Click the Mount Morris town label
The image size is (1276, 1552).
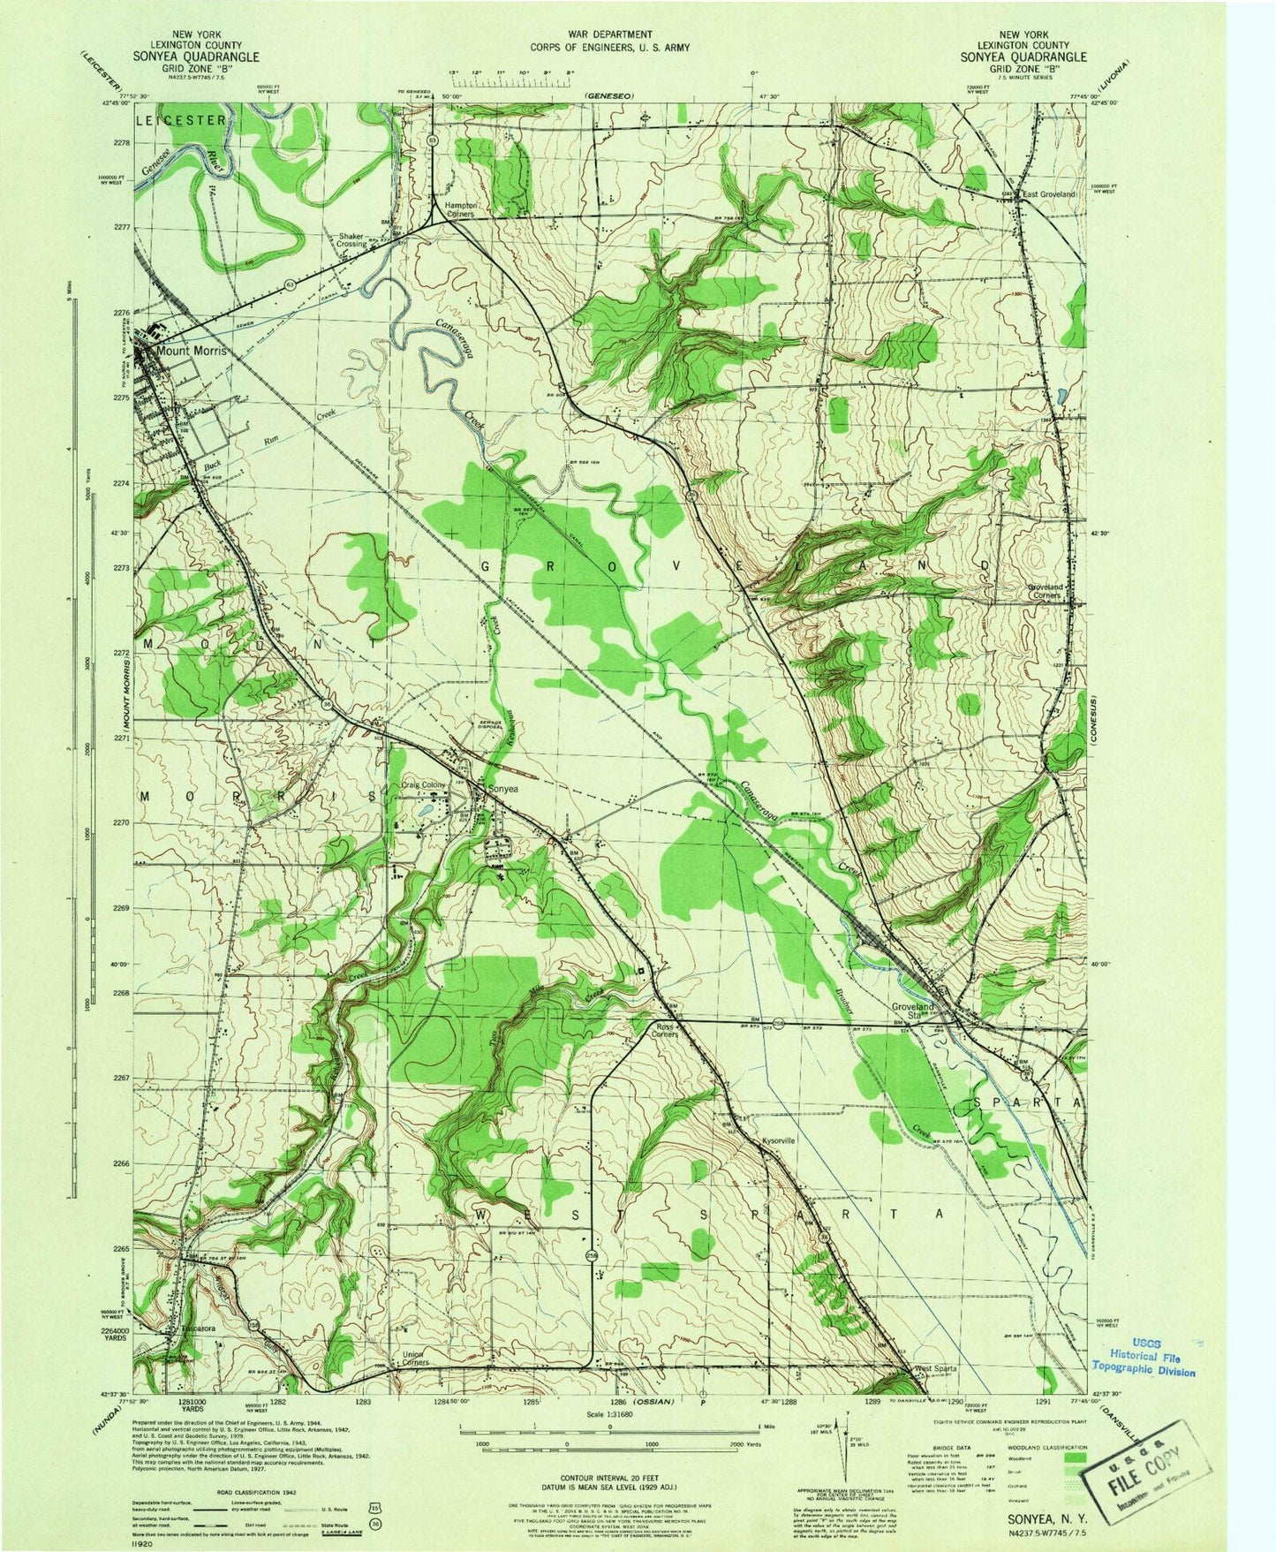tap(191, 351)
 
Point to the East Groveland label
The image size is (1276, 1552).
tap(1050, 193)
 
